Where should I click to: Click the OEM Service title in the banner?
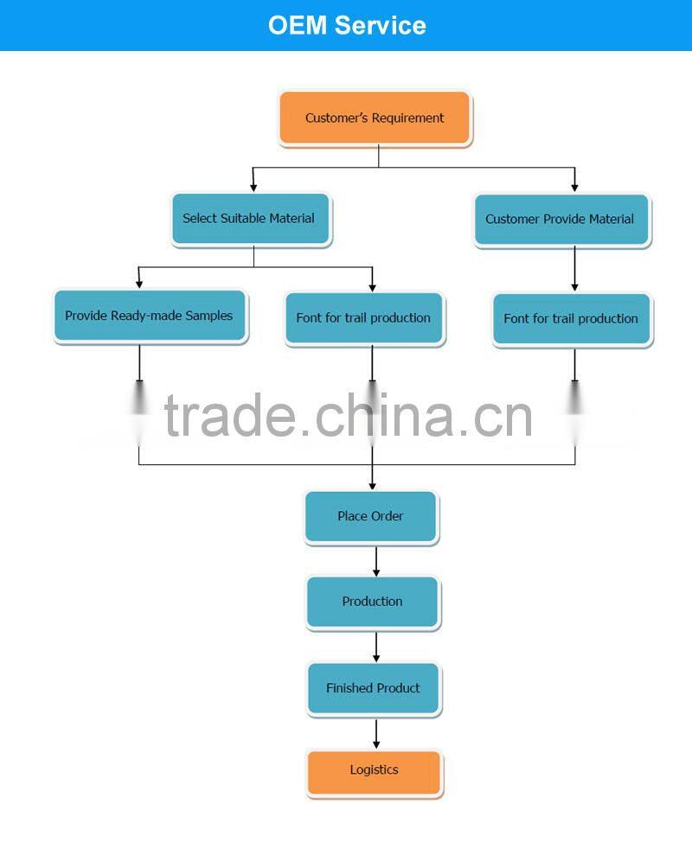click(x=347, y=25)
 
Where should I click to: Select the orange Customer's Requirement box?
click(x=375, y=118)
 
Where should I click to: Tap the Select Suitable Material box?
click(x=250, y=219)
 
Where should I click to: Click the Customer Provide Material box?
click(x=561, y=220)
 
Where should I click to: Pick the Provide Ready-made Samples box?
click(x=150, y=316)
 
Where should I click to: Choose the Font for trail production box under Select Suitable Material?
click(x=363, y=318)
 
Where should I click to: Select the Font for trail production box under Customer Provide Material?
click(x=572, y=319)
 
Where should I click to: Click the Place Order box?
click(x=371, y=516)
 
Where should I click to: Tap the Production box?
click(x=373, y=602)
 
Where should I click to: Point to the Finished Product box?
click(x=374, y=688)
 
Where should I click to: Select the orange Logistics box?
click(x=374, y=770)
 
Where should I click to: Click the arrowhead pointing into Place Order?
click(x=373, y=485)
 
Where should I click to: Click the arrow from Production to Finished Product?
click(x=376, y=647)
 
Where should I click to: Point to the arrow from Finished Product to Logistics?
click(x=376, y=734)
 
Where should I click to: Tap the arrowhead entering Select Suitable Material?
click(x=253, y=185)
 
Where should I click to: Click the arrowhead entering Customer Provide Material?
click(x=574, y=185)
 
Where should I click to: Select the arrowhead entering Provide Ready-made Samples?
click(x=139, y=283)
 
